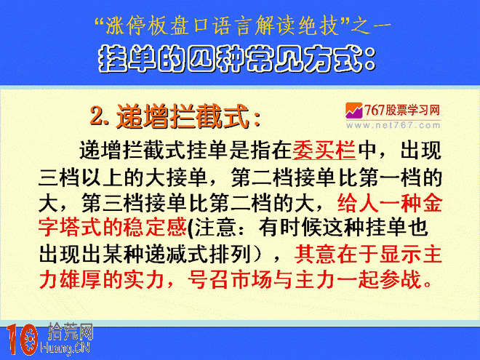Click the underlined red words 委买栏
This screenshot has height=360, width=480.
pyautogui.click(x=324, y=151)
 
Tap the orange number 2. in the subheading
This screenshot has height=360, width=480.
pyautogui.click(x=100, y=116)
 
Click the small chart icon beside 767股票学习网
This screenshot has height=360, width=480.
pyautogui.click(x=353, y=111)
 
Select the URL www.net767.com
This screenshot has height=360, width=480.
pyautogui.click(x=393, y=125)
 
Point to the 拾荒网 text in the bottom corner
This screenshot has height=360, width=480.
pyautogui.click(x=70, y=332)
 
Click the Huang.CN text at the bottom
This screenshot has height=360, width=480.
pyautogui.click(x=65, y=348)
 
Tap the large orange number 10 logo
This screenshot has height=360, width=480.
pyautogui.click(x=22, y=340)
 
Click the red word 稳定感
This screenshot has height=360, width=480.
pyautogui.click(x=155, y=228)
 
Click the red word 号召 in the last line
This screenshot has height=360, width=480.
pyautogui.click(x=209, y=279)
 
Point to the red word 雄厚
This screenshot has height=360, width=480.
pyautogui.click(x=81, y=279)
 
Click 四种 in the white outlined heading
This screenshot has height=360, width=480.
pyautogui.click(x=217, y=59)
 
